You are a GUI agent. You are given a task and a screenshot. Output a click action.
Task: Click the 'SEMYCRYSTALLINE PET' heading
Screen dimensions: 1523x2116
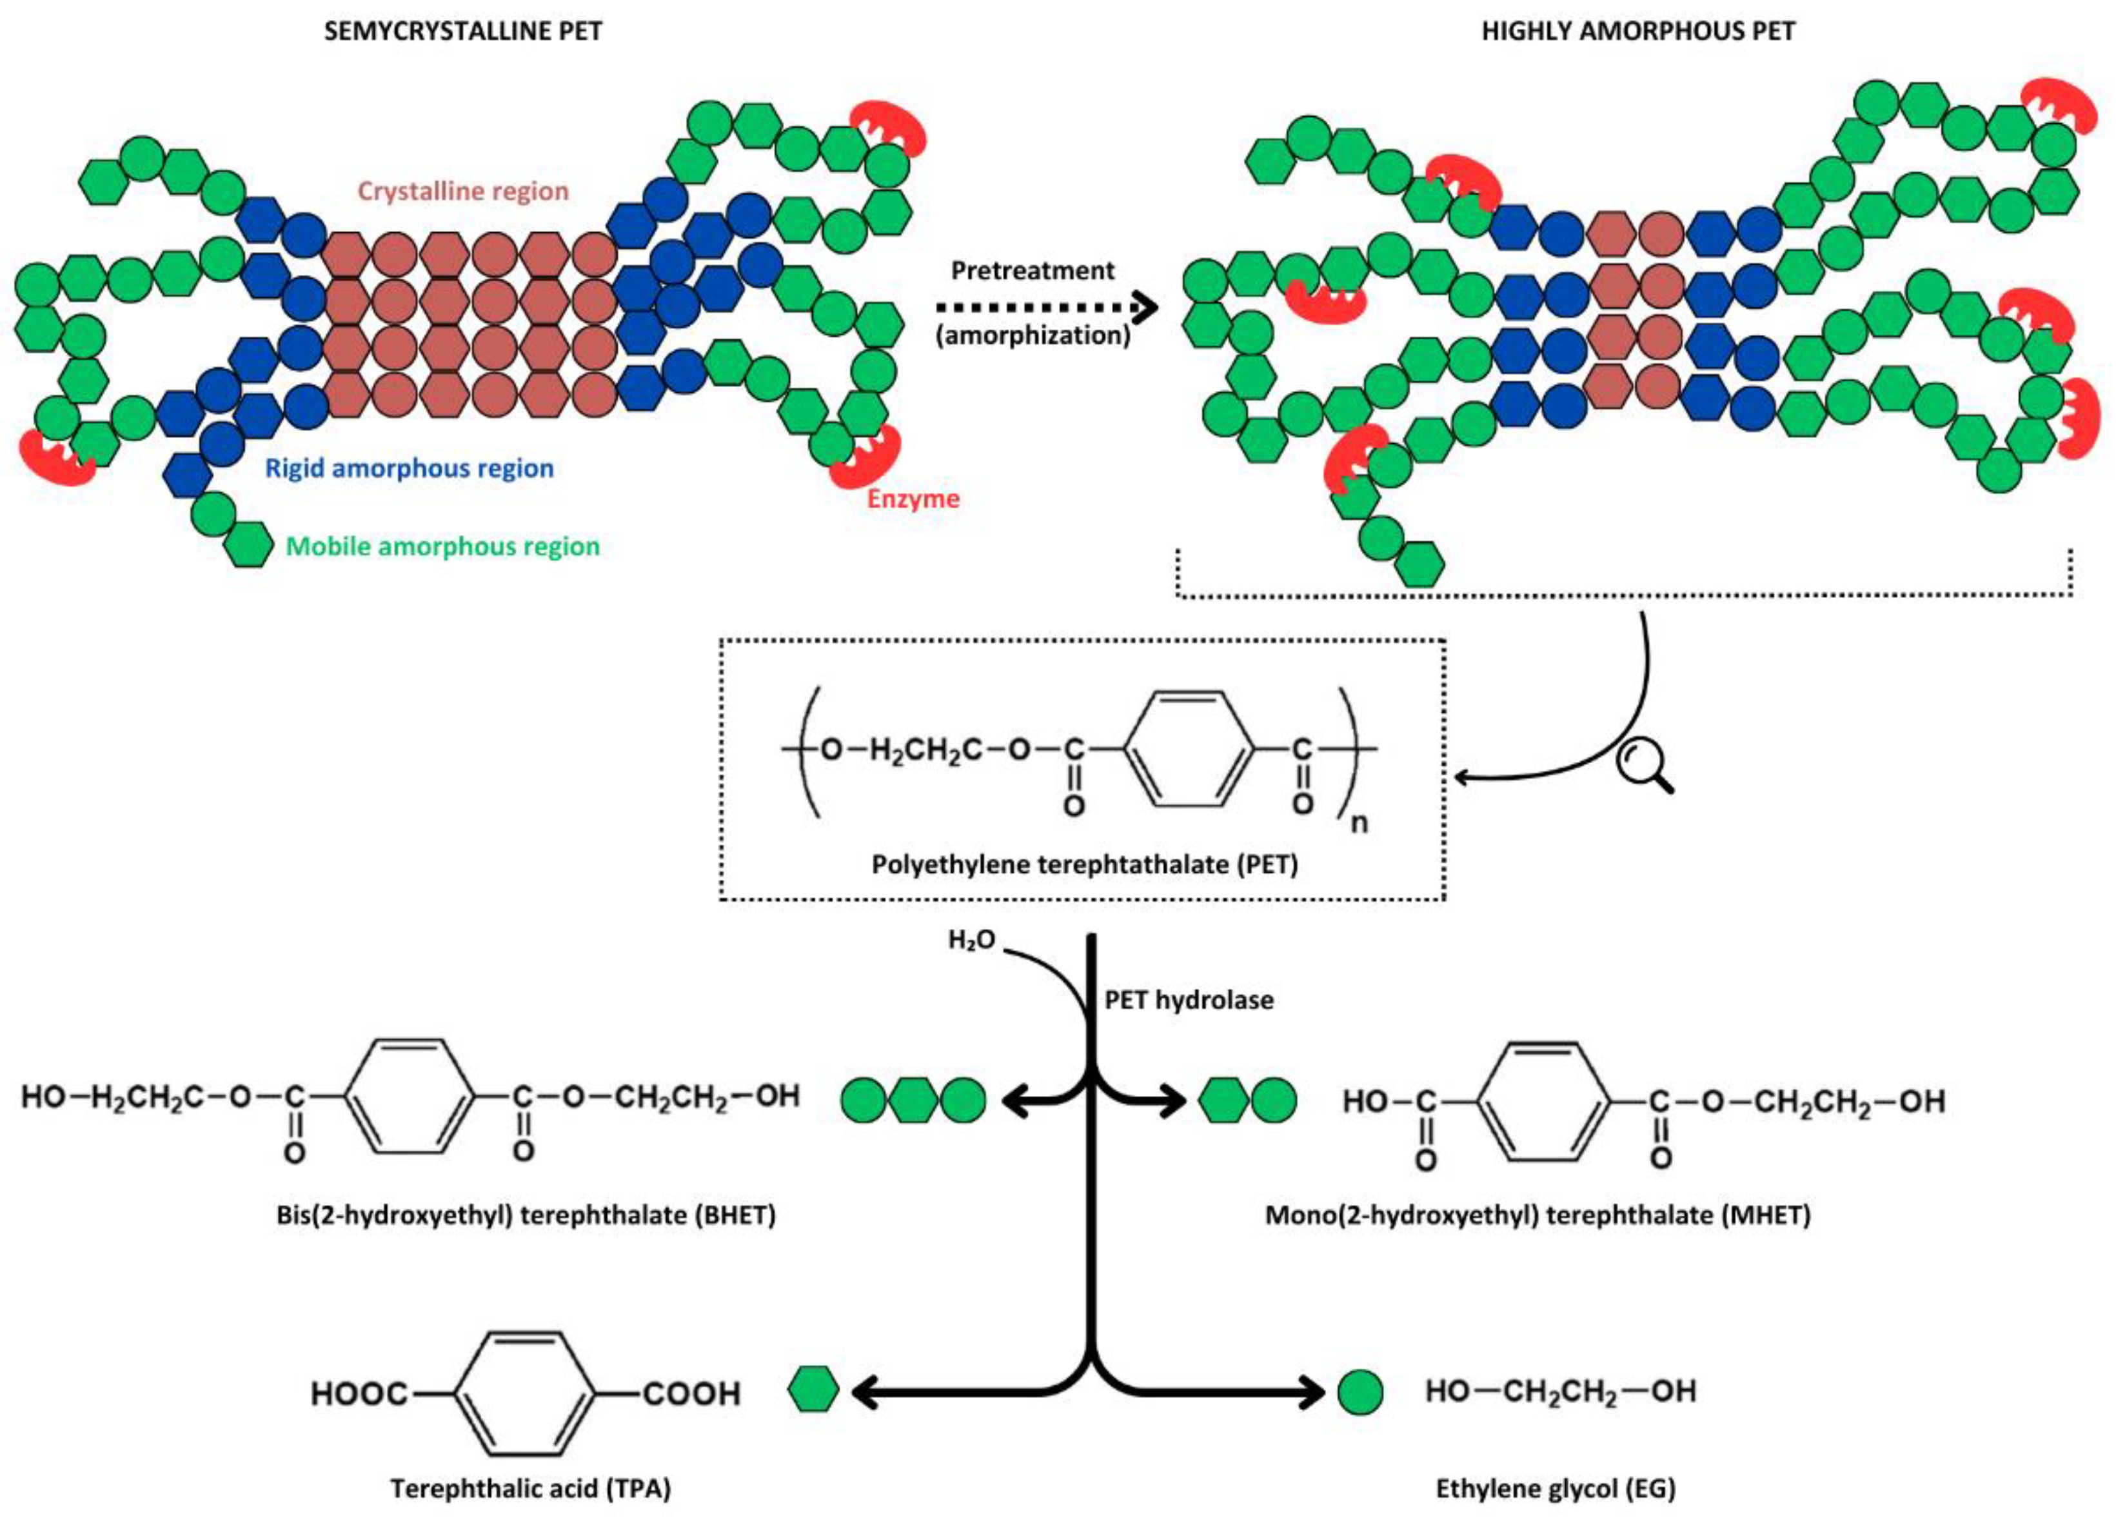[463, 32]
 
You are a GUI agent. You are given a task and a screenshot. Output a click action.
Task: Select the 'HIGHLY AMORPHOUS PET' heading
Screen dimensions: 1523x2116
[1638, 32]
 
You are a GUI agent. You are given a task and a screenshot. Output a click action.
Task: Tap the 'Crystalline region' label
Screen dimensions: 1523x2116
[463, 192]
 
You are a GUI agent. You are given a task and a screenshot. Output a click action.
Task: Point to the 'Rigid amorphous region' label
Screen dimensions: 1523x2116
[410, 468]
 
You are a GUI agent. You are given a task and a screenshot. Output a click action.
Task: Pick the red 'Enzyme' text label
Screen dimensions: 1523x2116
[913, 499]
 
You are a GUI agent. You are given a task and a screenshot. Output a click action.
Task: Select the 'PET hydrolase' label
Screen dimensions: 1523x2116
[1189, 1000]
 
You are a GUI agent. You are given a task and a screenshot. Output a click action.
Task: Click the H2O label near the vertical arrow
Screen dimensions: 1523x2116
[971, 940]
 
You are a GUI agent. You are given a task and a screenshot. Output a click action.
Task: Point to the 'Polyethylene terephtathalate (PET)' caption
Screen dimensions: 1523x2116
[1084, 865]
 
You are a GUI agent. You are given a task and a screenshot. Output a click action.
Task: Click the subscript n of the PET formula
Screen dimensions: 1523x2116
[1360, 824]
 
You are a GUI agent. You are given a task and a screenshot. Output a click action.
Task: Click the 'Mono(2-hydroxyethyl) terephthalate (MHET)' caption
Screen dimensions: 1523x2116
[1538, 1216]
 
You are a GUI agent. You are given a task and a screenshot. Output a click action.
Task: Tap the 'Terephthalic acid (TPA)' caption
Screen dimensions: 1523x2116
[530, 1488]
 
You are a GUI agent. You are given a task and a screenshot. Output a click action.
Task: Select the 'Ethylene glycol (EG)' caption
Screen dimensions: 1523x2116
[1556, 1488]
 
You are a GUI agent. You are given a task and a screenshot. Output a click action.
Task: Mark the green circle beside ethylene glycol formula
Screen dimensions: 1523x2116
[1360, 1392]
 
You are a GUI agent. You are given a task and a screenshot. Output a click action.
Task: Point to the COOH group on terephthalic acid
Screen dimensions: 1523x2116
[691, 1394]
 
